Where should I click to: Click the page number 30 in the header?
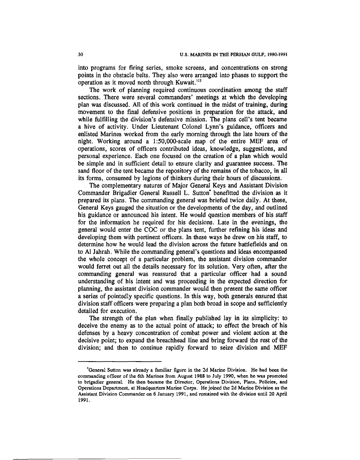pyautogui.click(x=81, y=55)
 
